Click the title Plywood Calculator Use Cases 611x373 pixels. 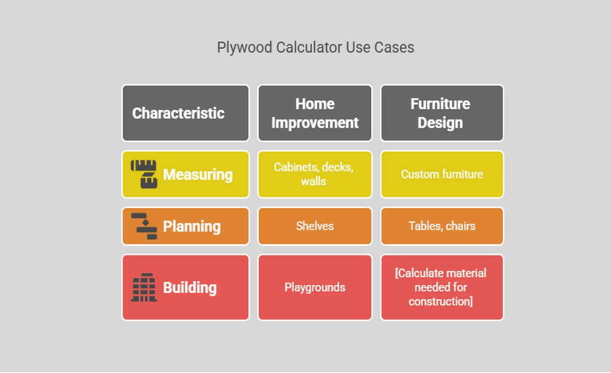(316, 48)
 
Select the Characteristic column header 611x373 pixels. (178, 113)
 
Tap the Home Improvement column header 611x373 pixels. (315, 113)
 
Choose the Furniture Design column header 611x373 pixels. (441, 113)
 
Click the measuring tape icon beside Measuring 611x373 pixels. (144, 174)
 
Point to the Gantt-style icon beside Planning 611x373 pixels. (144, 226)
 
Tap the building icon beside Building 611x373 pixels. (144, 288)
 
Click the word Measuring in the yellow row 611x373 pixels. (198, 174)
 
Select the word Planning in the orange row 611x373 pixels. (191, 226)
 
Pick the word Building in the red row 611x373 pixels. (190, 288)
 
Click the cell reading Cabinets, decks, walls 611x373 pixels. (314, 174)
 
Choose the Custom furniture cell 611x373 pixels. (442, 174)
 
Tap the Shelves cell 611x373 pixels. (315, 226)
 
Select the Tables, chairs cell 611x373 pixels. (442, 226)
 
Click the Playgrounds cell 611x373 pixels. (315, 288)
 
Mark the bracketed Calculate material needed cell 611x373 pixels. (441, 288)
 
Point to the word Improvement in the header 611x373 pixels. (315, 123)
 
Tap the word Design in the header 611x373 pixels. (440, 123)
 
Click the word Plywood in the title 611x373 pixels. (244, 48)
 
